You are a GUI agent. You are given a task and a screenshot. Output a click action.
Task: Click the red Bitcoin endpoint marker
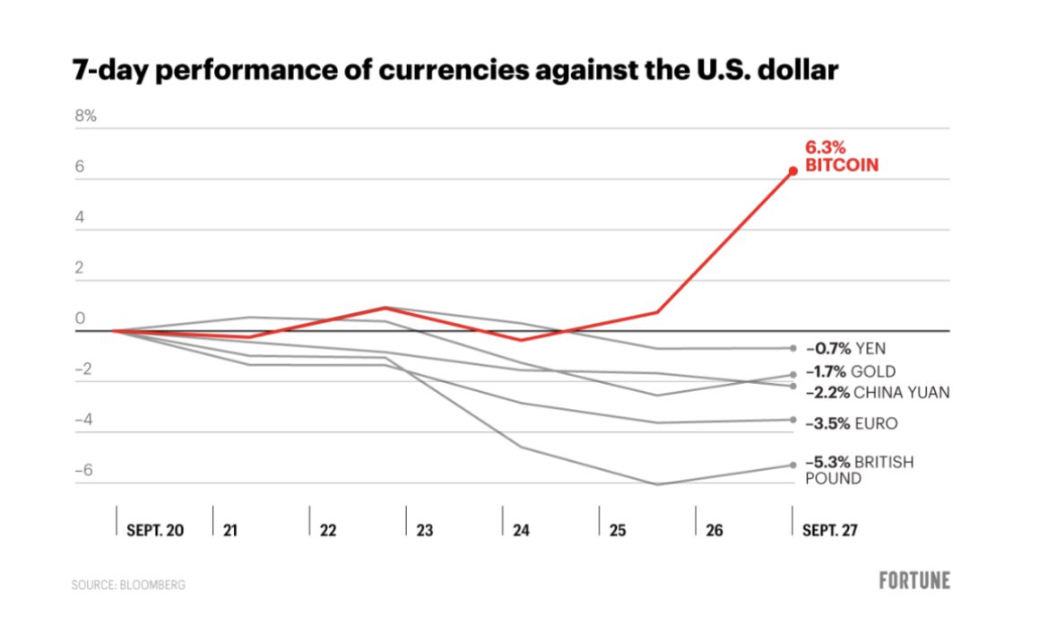tap(793, 170)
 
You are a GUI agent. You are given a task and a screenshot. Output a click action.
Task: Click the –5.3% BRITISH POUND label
tap(859, 470)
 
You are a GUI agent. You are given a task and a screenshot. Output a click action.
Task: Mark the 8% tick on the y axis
tap(85, 116)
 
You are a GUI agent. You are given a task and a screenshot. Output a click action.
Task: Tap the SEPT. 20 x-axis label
tap(155, 530)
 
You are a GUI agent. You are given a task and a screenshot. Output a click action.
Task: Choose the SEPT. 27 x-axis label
tap(829, 530)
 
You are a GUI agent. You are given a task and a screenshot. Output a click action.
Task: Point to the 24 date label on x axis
tap(521, 530)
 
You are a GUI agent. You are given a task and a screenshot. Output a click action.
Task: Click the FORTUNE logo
tap(914, 580)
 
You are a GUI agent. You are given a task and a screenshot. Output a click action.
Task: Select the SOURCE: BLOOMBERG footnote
tap(129, 585)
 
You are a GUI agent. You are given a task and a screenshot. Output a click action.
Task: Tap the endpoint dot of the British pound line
tap(793, 465)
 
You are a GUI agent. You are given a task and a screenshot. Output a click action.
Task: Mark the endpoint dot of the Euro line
tap(793, 420)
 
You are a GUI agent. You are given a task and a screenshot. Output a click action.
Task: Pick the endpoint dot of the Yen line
tap(793, 348)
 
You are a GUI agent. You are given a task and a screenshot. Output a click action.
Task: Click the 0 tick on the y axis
tap(80, 318)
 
